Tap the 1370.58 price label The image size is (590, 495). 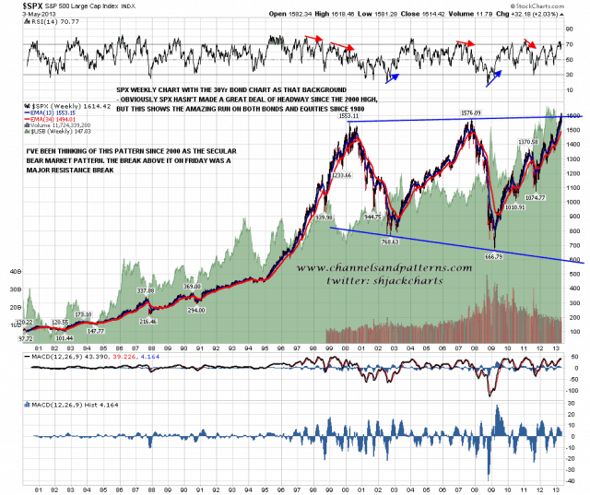pos(528,141)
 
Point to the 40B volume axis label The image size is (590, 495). pos(15,273)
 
